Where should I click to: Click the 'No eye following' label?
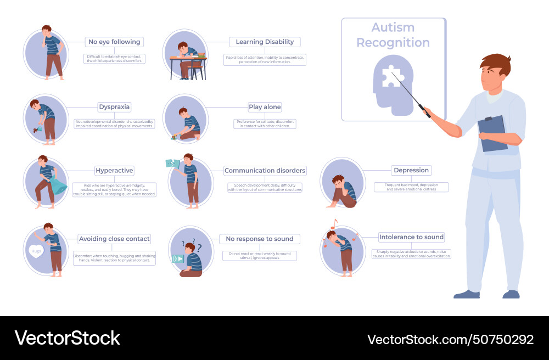coord(114,42)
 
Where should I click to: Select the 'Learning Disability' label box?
coord(265,42)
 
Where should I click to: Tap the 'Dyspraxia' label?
coord(114,107)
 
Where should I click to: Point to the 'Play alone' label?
coord(265,108)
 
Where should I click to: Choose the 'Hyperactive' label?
coord(114,171)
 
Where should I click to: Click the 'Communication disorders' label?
coord(265,171)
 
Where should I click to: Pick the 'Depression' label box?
coord(411,170)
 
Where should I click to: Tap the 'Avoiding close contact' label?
coord(114,239)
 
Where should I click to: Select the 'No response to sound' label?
coord(260,239)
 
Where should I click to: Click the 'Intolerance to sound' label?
coord(411,237)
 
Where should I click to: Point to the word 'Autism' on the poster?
coord(393,27)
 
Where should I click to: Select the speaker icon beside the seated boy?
coord(178,258)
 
